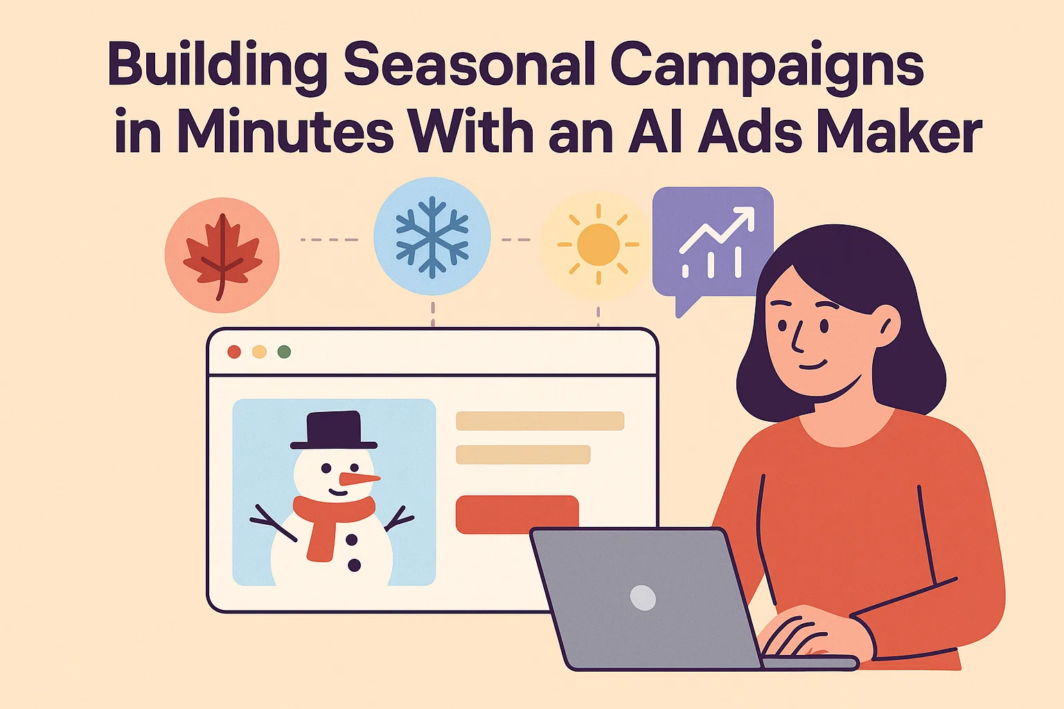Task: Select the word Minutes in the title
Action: pos(285,132)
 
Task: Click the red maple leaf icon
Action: pos(222,255)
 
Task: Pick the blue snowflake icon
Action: pos(432,237)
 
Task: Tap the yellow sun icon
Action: pos(598,244)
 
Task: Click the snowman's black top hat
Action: pos(335,430)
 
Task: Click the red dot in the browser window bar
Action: pos(234,352)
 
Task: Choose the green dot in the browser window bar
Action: pos(284,352)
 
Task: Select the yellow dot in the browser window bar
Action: pos(259,352)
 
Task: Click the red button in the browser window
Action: pos(517,513)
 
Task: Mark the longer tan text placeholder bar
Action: pos(540,421)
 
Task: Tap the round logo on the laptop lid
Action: pos(643,598)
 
